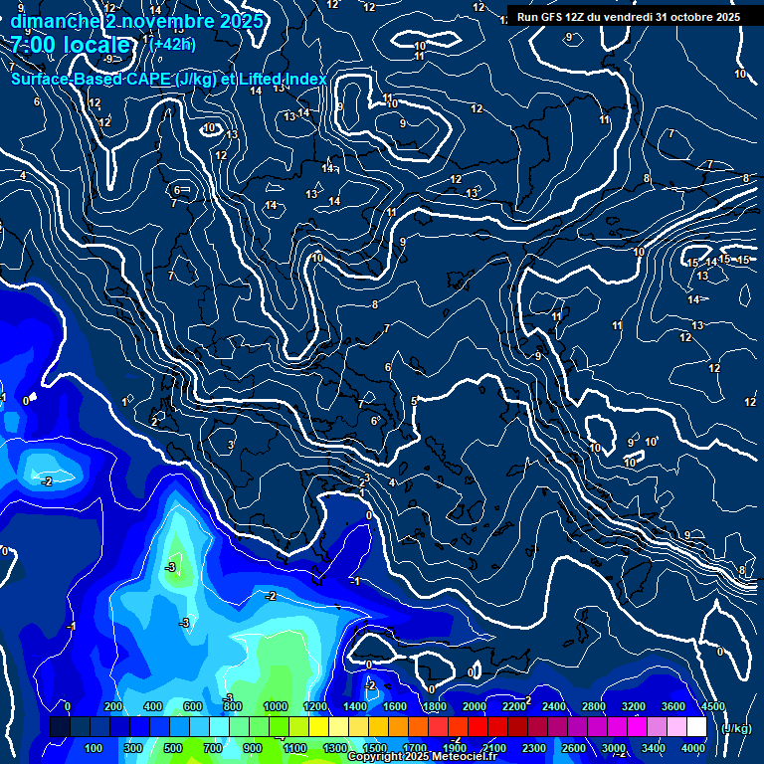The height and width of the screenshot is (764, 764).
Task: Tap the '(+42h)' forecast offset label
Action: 172,44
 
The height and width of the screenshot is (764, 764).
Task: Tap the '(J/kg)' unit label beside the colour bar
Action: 735,729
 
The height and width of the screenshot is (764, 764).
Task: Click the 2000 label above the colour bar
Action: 474,706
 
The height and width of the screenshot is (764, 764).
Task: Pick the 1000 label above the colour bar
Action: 276,706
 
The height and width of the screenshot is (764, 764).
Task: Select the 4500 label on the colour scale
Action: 712,706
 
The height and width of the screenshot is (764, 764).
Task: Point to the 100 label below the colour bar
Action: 95,748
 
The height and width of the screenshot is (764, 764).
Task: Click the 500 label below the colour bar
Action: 173,748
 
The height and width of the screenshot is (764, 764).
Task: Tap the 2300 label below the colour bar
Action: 534,748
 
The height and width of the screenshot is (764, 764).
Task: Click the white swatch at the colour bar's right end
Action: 696,727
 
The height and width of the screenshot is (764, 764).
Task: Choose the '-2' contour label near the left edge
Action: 46,481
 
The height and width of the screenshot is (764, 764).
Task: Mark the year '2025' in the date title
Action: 242,21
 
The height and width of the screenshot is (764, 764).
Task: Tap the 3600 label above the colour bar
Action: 672,706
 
